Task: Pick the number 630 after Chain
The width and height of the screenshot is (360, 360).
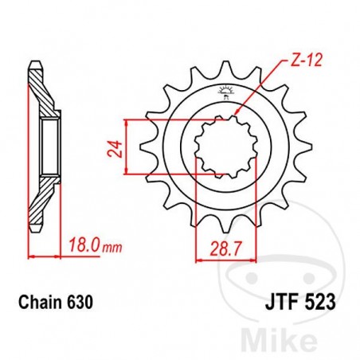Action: point(84,303)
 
